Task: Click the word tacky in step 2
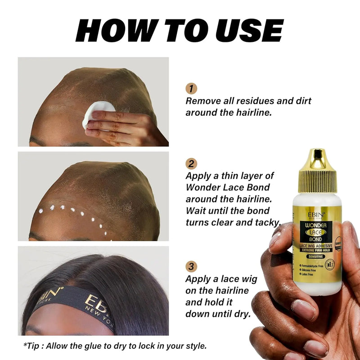coord(267,222)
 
